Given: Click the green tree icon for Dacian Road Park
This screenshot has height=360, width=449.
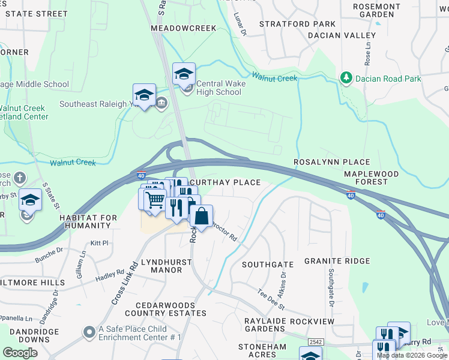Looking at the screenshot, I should [346, 78].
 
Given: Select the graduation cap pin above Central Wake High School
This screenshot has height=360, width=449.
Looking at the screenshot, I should [184, 74].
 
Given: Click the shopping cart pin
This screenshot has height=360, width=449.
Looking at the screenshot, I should [155, 199].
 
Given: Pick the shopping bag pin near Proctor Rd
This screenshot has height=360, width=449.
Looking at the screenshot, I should [202, 216].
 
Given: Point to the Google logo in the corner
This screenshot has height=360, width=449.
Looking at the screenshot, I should [20, 352].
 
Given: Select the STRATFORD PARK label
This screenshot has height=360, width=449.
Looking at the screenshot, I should [297, 24].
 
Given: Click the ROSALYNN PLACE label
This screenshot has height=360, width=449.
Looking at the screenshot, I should [331, 163].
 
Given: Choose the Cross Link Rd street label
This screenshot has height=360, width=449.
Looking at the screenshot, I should [125, 283].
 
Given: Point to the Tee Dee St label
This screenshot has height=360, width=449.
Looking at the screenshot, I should [271, 298].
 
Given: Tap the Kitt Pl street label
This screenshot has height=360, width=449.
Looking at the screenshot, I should [99, 243].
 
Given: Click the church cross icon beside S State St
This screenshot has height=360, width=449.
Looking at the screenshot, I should [19, 178].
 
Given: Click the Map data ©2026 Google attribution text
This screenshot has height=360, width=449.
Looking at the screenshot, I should [411, 355].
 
